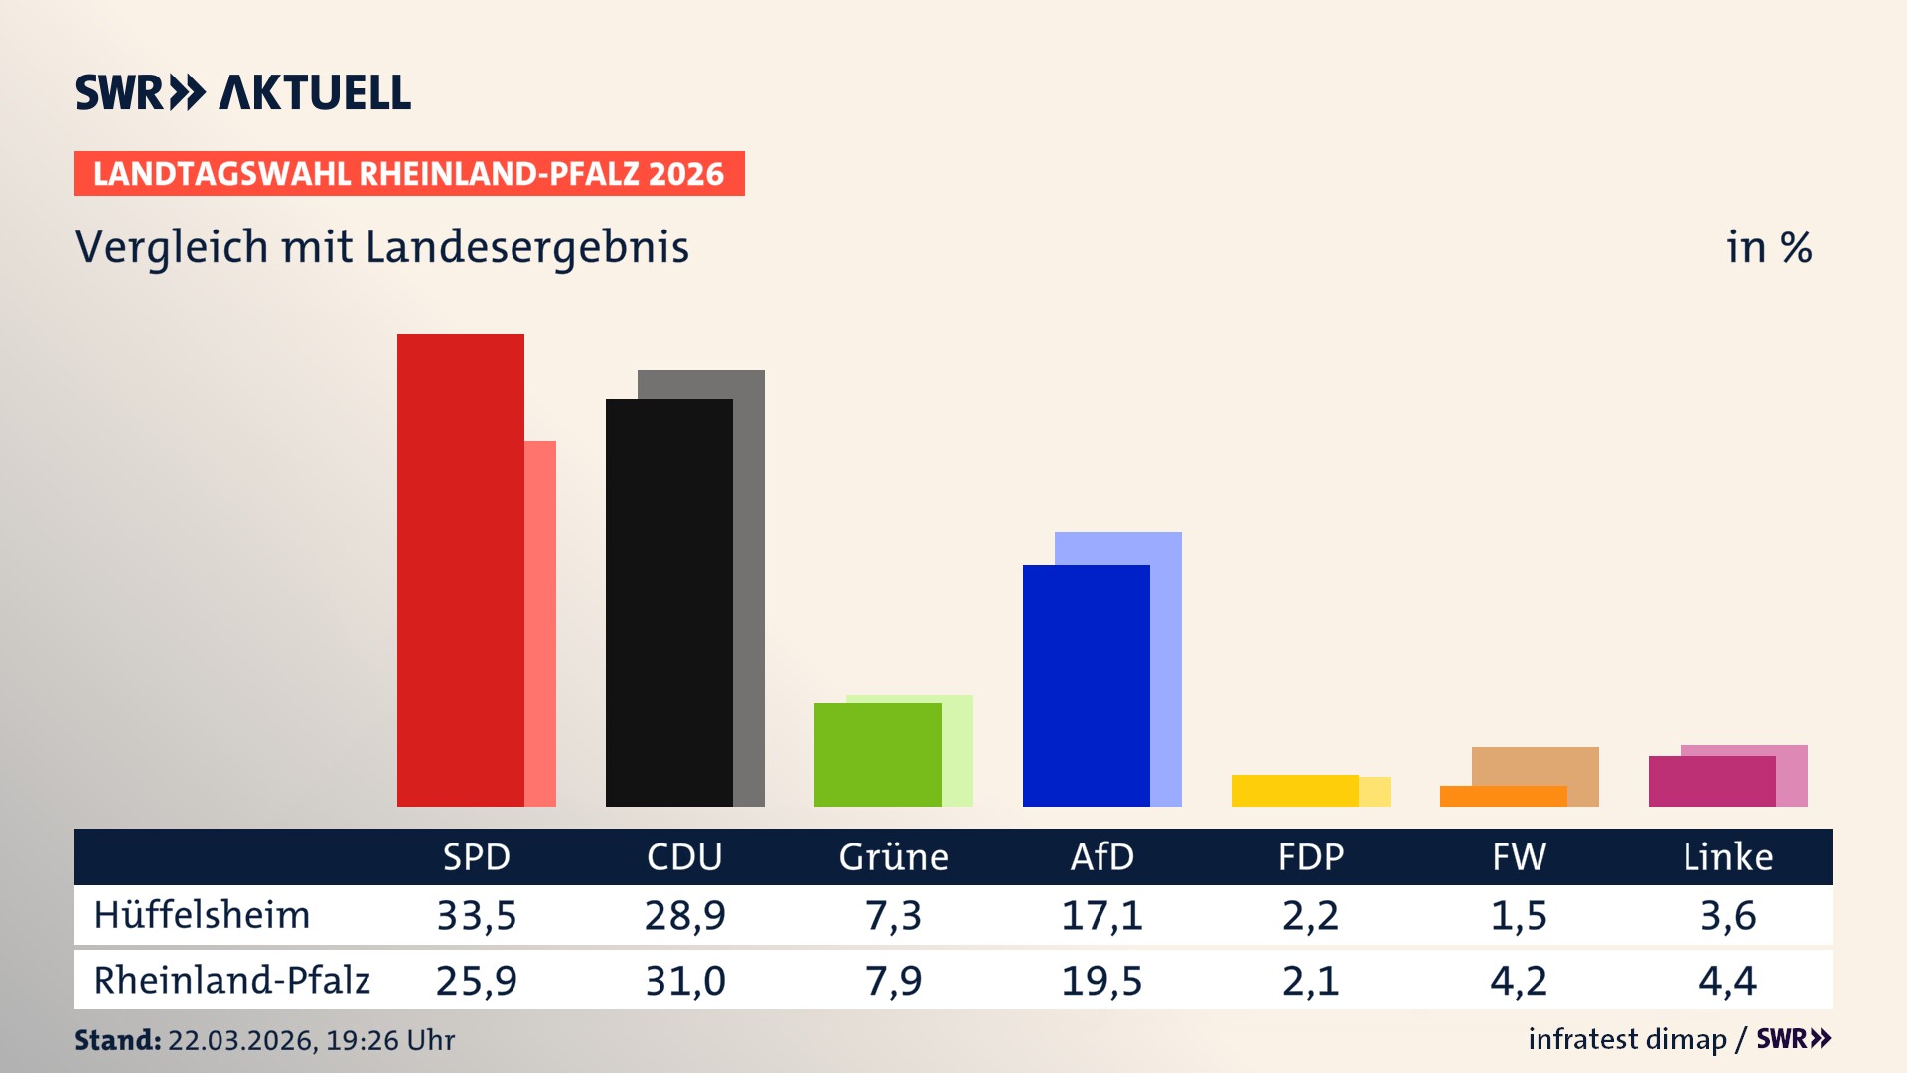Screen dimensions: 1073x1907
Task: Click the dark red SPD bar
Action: [x=460, y=570]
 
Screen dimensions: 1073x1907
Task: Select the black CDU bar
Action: [x=668, y=603]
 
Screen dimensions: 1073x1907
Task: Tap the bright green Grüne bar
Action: [x=877, y=755]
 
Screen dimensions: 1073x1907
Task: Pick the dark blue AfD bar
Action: [x=1086, y=686]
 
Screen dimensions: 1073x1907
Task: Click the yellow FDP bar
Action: [x=1294, y=791]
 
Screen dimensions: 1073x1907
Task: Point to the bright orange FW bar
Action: [x=1503, y=797]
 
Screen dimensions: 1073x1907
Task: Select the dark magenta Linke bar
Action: [x=1711, y=782]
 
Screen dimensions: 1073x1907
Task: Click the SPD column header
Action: [x=477, y=857]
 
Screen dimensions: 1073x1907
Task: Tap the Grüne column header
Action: [x=893, y=857]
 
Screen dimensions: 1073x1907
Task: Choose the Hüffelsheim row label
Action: [x=202, y=915]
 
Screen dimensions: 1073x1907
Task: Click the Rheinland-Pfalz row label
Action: [x=231, y=981]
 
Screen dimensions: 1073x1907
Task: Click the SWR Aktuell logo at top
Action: [x=243, y=92]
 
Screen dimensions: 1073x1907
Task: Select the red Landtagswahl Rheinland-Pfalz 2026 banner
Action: [x=409, y=174]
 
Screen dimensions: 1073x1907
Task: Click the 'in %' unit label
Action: [x=1769, y=248]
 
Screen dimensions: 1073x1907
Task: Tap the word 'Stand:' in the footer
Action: [x=117, y=1040]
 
